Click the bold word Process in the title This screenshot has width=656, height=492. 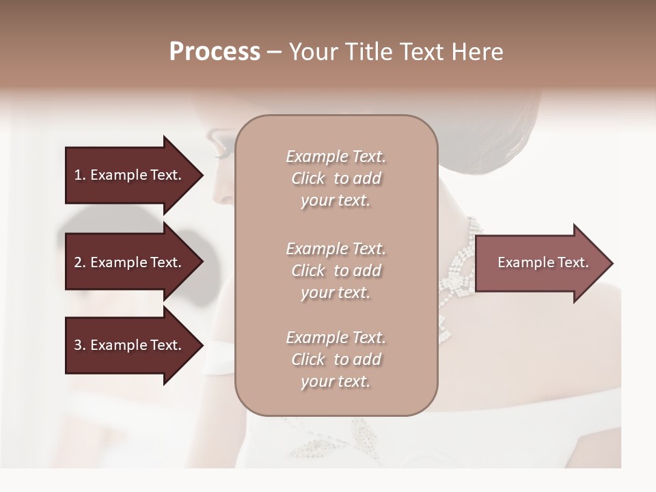pos(215,52)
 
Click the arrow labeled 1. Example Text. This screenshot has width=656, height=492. pos(130,175)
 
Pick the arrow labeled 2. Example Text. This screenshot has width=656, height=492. pos(130,262)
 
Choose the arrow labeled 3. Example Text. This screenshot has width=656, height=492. pos(130,345)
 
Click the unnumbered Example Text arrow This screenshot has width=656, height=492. pos(540,262)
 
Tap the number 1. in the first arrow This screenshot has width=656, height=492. pos(79,175)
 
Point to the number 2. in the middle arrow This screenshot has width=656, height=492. pos(79,262)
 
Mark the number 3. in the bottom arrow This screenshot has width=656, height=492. pos(79,345)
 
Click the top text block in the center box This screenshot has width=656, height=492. pos(336,178)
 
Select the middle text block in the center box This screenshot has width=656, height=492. pos(336,271)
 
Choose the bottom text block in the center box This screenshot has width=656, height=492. pos(336,359)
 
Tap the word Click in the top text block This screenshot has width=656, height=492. pos(308,179)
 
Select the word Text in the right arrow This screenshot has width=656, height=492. pos(573,262)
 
